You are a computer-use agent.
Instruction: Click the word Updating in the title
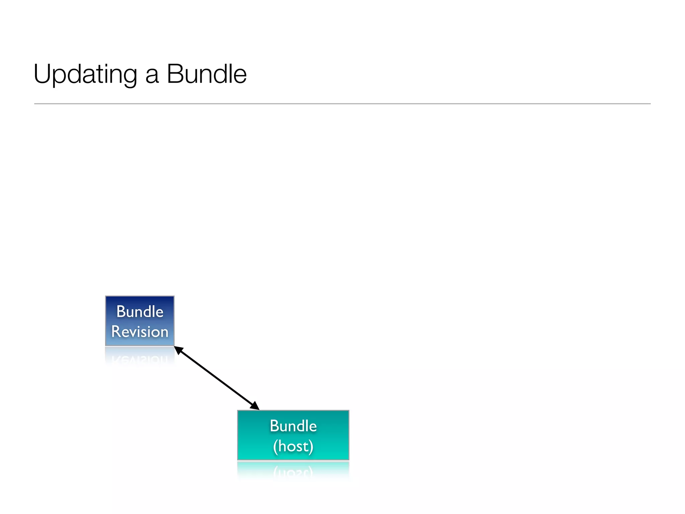[x=85, y=74]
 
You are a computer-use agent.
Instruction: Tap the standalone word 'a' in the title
[x=152, y=76]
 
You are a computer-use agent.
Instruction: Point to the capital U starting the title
[x=41, y=74]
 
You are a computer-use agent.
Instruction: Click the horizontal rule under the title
[x=342, y=104]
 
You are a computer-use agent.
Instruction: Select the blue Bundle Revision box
[x=140, y=321]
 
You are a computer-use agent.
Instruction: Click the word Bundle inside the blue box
[x=140, y=312]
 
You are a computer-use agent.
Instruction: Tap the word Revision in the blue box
[x=140, y=332]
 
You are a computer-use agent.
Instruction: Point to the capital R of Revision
[x=116, y=332]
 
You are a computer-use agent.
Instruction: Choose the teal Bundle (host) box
[x=293, y=435]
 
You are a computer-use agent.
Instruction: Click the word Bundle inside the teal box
[x=293, y=426]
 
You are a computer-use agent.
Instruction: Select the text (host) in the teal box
[x=293, y=446]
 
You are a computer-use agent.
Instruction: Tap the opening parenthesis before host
[x=275, y=446]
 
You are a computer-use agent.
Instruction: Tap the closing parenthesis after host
[x=311, y=446]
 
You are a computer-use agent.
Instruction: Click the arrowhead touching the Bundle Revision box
[x=179, y=350]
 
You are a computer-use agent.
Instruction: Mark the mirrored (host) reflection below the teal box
[x=293, y=472]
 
